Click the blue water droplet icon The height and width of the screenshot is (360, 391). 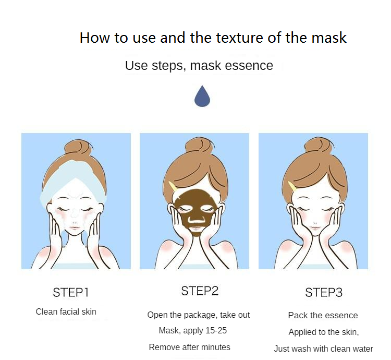click(202, 97)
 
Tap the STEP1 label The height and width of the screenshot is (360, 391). click(70, 292)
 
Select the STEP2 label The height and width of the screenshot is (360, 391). click(200, 291)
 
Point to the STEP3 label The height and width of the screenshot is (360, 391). click(324, 292)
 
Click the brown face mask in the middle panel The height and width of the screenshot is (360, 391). click(195, 212)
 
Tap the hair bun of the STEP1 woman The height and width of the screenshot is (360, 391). click(78, 149)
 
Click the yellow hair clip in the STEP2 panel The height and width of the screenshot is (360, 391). click(173, 186)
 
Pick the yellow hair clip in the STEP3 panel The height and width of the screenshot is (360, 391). click(292, 186)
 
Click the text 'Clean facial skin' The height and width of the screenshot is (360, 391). click(66, 311)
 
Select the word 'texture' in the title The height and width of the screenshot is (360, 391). click(239, 38)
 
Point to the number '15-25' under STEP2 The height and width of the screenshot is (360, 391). click(216, 330)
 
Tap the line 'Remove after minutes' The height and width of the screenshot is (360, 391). click(190, 347)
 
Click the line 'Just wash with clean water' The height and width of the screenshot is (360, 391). click(323, 349)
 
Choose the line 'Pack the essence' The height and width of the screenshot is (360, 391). click(323, 315)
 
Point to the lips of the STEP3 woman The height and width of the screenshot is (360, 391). click(315, 227)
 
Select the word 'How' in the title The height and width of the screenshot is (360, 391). click(95, 38)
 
